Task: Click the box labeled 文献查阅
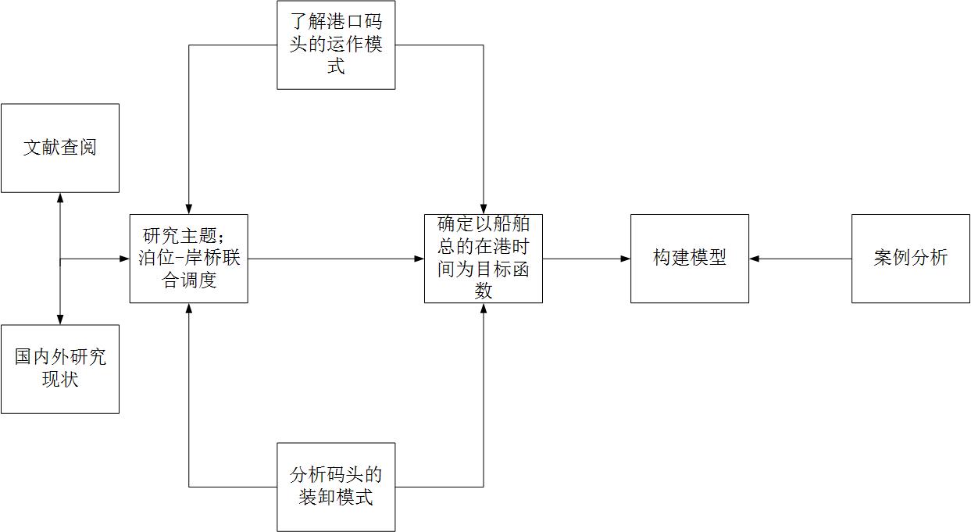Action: pos(60,148)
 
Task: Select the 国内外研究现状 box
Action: pos(60,369)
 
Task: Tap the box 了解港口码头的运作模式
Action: pos(336,45)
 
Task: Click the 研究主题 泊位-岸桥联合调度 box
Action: pos(189,259)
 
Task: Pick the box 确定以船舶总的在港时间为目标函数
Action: pos(483,259)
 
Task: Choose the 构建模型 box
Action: pos(689,259)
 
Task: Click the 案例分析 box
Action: pos(910,259)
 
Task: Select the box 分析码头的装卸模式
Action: pos(336,487)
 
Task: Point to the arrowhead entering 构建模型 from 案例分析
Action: pos(754,259)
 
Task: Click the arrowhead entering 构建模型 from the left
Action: pos(626,259)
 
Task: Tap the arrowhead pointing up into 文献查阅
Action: pos(60,198)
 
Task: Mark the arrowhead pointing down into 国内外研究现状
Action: pos(60,320)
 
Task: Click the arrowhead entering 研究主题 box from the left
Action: pos(125,259)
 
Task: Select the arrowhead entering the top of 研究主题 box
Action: pos(189,209)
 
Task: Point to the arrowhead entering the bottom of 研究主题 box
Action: pos(189,308)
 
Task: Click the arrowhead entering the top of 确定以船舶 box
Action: pos(483,209)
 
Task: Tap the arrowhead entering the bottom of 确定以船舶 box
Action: pos(483,308)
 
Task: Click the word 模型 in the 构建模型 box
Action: pos(708,259)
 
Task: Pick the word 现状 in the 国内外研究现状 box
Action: pos(60,380)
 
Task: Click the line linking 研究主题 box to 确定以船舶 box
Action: pos(336,259)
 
